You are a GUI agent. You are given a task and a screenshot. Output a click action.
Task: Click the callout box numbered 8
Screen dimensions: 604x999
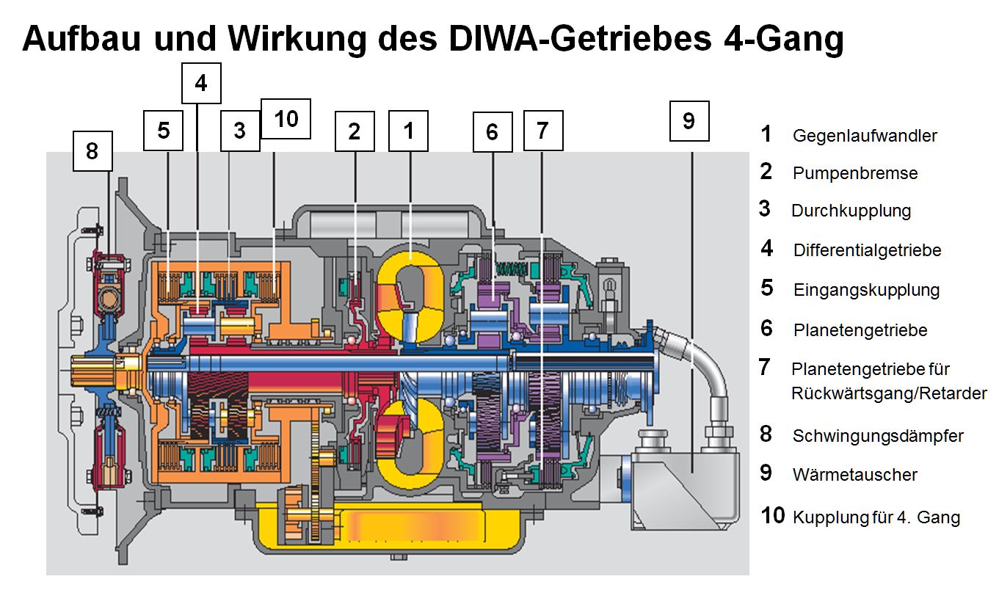pyautogui.click(x=92, y=151)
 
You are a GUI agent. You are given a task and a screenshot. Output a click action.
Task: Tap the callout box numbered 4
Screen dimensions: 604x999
pyautogui.click(x=201, y=84)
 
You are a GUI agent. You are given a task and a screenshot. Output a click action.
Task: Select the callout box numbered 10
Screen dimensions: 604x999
pyautogui.click(x=286, y=118)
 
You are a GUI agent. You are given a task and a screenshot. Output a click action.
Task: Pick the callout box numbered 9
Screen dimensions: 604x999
pyautogui.click(x=689, y=120)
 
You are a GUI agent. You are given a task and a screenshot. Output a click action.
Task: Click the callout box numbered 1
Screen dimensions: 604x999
pyautogui.click(x=408, y=131)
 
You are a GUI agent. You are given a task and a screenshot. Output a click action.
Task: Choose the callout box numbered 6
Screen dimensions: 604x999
pyautogui.click(x=492, y=131)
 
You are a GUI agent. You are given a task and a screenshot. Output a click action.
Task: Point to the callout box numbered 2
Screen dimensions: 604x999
pyautogui.click(x=355, y=131)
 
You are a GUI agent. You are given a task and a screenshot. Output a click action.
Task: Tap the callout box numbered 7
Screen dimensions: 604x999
pyautogui.click(x=542, y=130)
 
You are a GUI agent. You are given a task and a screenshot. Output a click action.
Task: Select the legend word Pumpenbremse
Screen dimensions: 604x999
pyautogui.click(x=855, y=173)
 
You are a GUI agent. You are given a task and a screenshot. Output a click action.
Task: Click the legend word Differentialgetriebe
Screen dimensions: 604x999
pyautogui.click(x=867, y=250)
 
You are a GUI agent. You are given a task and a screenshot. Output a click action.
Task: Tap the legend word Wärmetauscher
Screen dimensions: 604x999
pyautogui.click(x=855, y=474)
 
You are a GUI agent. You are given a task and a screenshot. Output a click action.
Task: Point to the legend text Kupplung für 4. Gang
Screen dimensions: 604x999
pyautogui.click(x=876, y=517)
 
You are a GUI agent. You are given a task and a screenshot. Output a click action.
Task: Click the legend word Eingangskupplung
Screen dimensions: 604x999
pyautogui.click(x=866, y=289)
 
